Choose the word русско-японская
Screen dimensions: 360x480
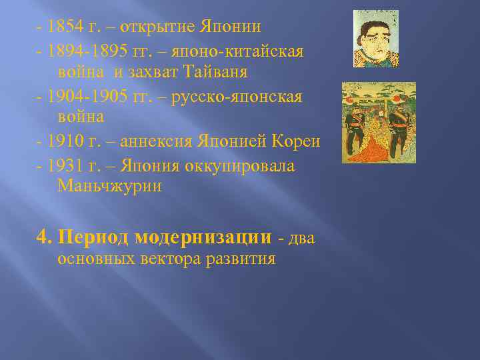237,97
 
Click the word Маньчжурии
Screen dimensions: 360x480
110,186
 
